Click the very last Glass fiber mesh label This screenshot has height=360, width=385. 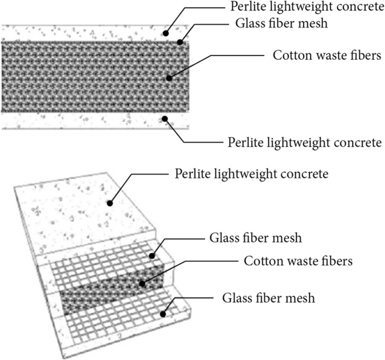(269, 297)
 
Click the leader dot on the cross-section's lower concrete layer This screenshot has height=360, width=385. (165, 118)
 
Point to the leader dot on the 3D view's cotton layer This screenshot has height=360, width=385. (141, 284)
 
